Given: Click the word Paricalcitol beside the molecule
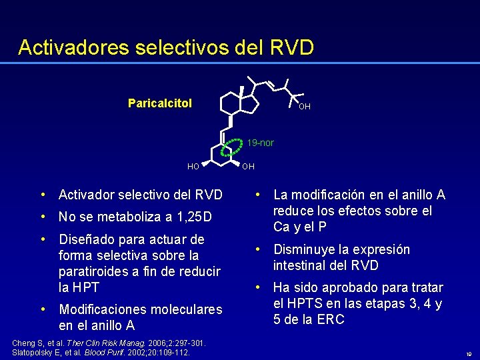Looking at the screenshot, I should [x=160, y=103].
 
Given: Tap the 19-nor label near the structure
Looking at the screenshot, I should [x=260, y=143].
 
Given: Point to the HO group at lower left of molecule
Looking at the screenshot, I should [x=193, y=166].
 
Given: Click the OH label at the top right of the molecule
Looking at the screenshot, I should [x=304, y=107].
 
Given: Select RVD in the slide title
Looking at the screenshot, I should [x=291, y=47].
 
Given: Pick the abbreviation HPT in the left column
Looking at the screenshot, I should [x=87, y=287].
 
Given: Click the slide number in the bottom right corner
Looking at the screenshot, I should [x=469, y=355].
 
